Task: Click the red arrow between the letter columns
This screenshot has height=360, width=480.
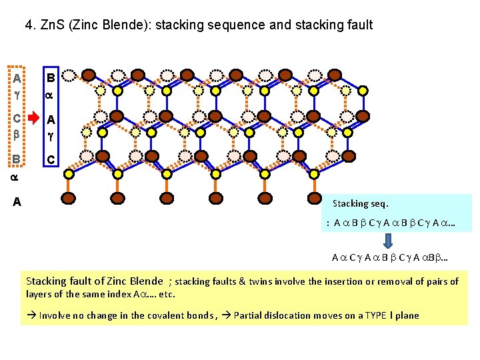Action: coord(33,120)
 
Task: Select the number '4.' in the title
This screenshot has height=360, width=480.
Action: coord(31,25)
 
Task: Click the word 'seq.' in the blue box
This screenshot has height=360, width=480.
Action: coord(379,203)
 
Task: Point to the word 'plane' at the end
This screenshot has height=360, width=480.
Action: coord(406,315)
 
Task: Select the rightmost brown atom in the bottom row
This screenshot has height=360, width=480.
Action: coord(315,198)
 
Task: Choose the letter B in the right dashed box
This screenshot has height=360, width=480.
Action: coord(49,78)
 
